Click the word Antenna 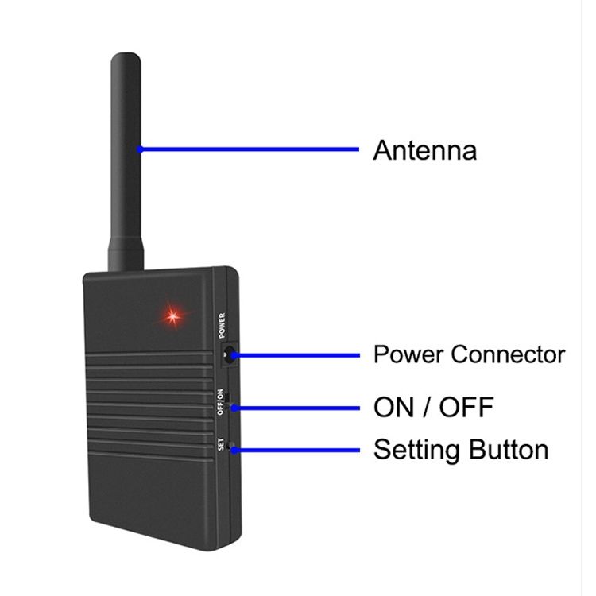(424, 150)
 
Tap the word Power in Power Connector (409, 354)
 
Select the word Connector (509, 354)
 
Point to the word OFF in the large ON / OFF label (466, 407)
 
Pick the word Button (509, 449)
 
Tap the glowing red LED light (173, 315)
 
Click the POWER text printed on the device (222, 325)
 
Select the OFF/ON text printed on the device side (220, 402)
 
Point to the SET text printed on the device (221, 444)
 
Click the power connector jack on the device (229, 355)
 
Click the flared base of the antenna (126, 254)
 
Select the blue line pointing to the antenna (248, 149)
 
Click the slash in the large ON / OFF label (427, 407)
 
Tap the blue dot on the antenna (140, 149)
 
